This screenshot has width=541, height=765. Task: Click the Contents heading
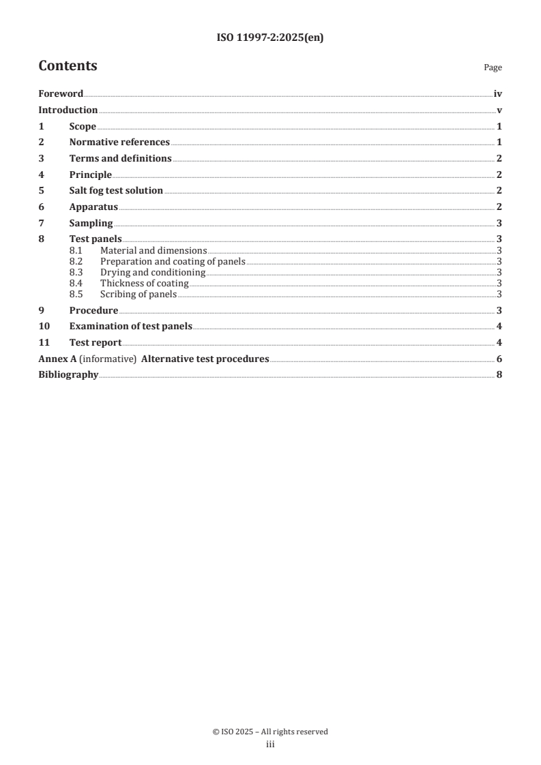68,66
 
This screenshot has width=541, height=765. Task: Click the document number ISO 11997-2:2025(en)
270,38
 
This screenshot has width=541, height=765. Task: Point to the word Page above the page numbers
493,68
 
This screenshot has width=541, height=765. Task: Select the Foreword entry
61,94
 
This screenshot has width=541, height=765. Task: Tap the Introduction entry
68,110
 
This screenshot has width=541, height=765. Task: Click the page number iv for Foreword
497,94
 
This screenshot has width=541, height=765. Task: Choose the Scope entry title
83,127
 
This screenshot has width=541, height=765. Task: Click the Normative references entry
119,142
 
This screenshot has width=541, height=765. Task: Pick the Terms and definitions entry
120,159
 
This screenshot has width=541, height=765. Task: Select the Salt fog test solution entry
116,191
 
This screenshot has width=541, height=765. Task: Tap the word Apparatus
93,207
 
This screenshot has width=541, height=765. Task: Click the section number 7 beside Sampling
41,223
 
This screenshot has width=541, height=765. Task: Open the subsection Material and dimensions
153,251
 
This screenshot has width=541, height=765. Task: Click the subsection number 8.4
76,284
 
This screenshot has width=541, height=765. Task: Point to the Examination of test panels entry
130,326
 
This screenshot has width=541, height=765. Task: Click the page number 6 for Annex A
499,359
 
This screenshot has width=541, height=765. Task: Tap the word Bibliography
68,375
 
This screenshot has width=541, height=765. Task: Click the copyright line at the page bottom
270,732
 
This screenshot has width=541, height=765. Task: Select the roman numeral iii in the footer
270,745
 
